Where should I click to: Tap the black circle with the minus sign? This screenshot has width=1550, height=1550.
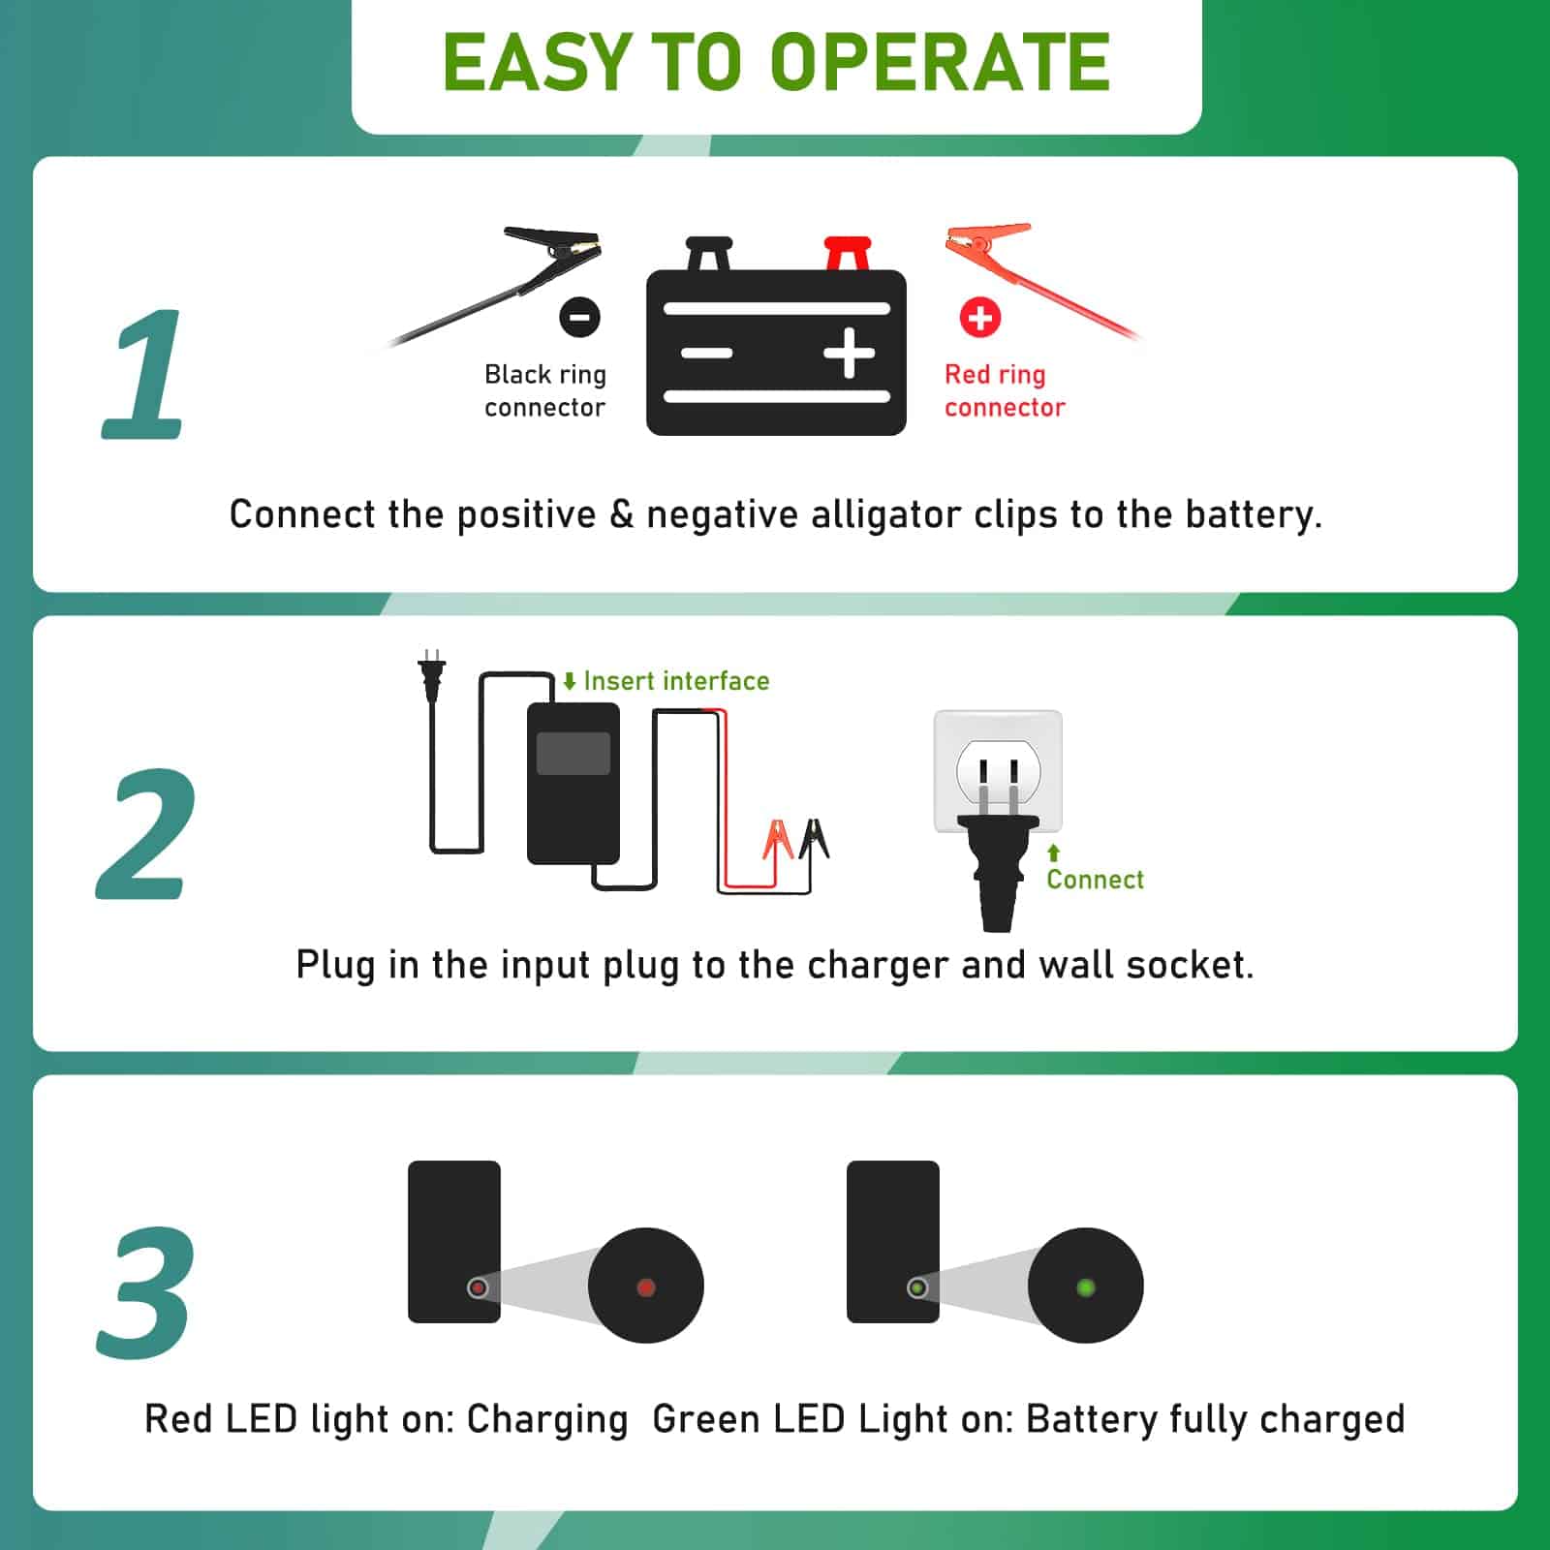(x=579, y=317)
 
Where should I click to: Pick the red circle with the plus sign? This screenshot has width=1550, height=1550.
(x=980, y=317)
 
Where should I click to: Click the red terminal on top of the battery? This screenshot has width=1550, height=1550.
(x=848, y=254)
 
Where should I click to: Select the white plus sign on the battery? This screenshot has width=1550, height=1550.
(x=850, y=353)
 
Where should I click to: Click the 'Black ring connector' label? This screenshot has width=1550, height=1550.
(x=545, y=390)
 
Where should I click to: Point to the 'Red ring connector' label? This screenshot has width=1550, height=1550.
(x=1005, y=390)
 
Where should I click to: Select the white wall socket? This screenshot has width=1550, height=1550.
(x=998, y=771)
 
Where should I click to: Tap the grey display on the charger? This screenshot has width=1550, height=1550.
(x=573, y=753)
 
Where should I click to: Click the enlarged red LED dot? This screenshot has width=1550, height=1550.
(x=646, y=1287)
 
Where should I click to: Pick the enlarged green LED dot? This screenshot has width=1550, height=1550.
(x=1086, y=1287)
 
